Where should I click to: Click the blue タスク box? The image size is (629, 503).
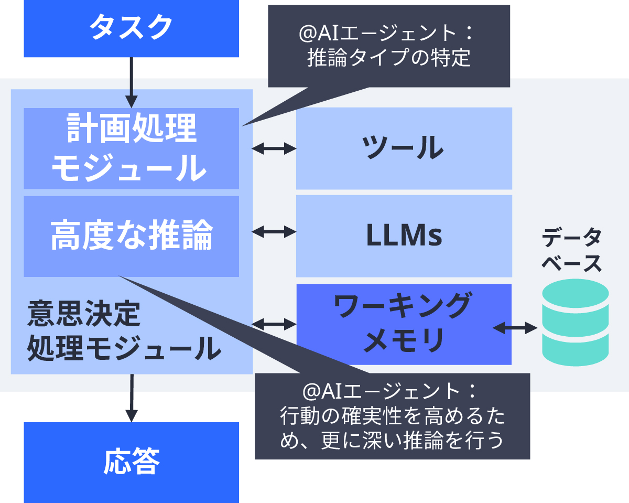[x=131, y=28]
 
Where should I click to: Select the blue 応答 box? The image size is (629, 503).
[x=131, y=462]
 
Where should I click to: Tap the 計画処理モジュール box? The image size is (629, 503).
[x=131, y=148]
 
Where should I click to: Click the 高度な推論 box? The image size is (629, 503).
[x=131, y=236]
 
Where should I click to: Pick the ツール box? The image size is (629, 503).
[x=404, y=148]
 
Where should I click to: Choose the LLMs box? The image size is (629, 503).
[x=404, y=236]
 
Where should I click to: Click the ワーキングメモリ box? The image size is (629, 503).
[x=404, y=324]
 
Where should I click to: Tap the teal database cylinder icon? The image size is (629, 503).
[x=575, y=323]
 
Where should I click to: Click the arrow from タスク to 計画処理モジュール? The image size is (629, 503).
[x=131, y=81]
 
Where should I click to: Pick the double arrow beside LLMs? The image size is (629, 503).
[x=274, y=231]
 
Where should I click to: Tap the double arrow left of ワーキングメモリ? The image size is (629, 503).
[x=274, y=324]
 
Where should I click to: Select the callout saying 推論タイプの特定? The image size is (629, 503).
[x=388, y=46]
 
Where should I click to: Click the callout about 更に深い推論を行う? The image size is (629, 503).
[x=392, y=416]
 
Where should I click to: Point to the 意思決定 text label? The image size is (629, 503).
[x=84, y=314]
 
